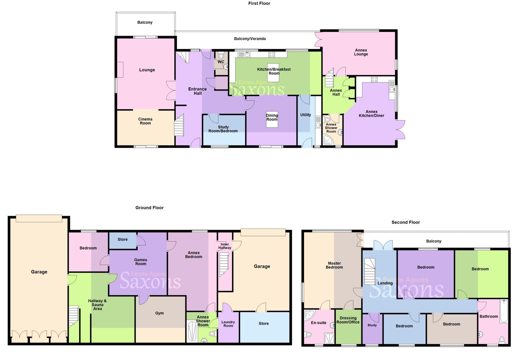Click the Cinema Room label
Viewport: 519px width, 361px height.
coord(145,121)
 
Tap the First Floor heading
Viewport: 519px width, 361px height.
coord(259,3)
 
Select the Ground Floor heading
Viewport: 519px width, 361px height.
coord(149,208)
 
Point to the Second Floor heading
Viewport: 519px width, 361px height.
coord(405,222)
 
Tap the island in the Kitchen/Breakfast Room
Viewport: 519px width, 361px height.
coord(273,73)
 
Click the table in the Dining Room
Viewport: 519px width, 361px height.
coord(272,119)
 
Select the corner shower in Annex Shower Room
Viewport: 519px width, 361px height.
coord(328,140)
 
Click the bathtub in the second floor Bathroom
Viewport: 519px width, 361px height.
coord(504,311)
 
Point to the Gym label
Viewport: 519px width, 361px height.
coord(159,313)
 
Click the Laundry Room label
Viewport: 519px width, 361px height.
coord(228,324)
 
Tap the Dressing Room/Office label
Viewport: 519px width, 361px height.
coord(348,320)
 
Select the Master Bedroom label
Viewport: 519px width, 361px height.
coord(334,265)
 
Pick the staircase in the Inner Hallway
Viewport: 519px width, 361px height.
coord(224,265)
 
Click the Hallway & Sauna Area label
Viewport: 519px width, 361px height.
coord(97,305)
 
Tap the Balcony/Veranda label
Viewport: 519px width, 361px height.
coord(250,39)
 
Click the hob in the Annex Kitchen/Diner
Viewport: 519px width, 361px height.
coord(374,79)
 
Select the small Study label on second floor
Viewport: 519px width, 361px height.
coord(372,325)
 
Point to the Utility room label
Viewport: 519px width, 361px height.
coord(305,115)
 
